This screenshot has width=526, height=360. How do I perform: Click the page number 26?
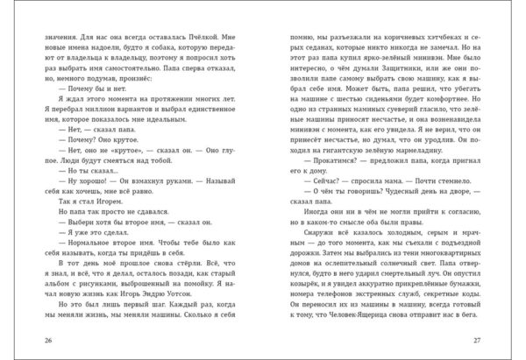pos(30,340)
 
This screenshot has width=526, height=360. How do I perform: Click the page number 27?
pos(497,340)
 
